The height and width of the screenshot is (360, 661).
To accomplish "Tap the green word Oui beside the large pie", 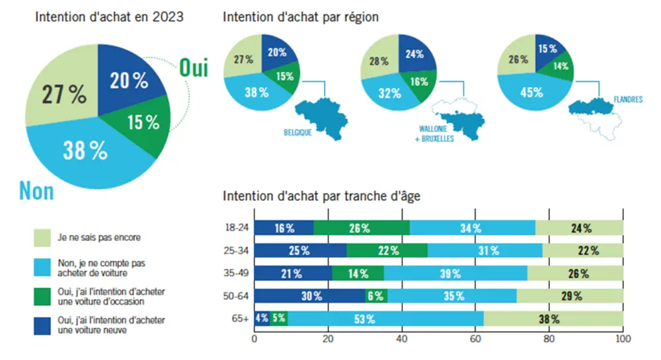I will [193, 67].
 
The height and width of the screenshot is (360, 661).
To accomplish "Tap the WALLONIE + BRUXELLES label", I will [436, 135].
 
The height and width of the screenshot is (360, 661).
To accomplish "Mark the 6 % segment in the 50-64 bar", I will [375, 296].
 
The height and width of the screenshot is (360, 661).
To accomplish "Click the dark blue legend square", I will [42, 325].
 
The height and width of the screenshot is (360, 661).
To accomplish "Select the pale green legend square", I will [42, 236].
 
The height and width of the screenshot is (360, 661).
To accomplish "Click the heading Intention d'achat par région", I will [301, 17].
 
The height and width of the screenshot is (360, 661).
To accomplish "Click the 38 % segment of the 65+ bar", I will [553, 320].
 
